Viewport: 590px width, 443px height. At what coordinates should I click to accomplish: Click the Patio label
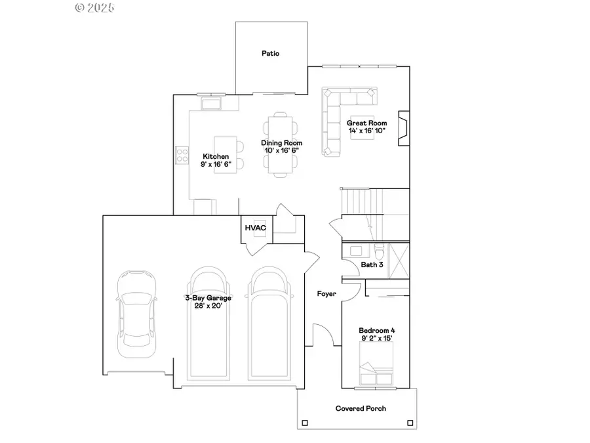[x=270, y=53]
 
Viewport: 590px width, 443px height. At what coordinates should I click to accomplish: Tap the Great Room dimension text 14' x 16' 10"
[x=366, y=131]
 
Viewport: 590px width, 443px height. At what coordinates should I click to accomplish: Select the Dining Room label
[x=281, y=143]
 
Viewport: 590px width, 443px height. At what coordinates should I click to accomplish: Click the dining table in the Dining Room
[x=279, y=146]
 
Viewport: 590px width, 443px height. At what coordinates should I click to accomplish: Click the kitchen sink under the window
[x=211, y=103]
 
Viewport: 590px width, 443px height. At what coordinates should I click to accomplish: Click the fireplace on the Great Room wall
[x=404, y=127]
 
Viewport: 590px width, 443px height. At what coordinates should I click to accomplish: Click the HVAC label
[x=254, y=228]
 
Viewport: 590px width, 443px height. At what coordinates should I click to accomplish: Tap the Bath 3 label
[x=372, y=264]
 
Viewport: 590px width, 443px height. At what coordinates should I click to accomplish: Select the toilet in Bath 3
[x=379, y=250]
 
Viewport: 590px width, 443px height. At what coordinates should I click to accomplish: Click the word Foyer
[x=326, y=293]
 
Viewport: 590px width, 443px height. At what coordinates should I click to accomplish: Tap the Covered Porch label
[x=361, y=408]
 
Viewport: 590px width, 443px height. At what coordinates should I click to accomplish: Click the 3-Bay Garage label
[x=207, y=297]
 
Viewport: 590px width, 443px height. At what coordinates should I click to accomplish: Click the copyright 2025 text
[x=95, y=8]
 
